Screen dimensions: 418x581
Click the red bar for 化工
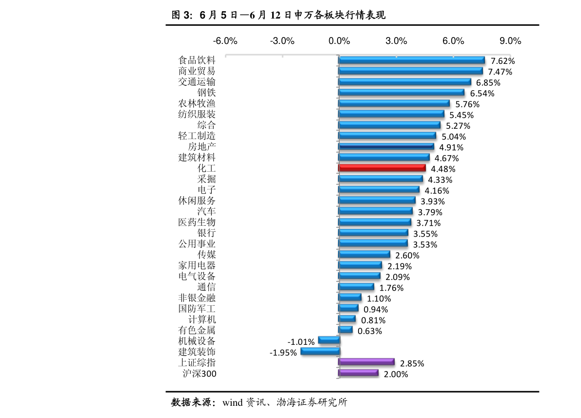coord(382,168)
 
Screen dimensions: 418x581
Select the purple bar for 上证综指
coord(366,362)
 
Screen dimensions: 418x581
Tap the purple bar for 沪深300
coord(359,373)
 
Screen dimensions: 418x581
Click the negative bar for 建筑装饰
coord(320,351)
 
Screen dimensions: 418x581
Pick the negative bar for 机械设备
coord(329,340)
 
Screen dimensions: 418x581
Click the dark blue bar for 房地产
coord(386,146)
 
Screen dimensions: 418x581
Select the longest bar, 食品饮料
coord(412,60)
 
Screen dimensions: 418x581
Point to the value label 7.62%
coord(502,61)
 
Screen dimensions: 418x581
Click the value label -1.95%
coord(283,353)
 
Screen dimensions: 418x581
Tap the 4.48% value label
coord(443,169)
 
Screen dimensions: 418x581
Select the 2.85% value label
coord(412,363)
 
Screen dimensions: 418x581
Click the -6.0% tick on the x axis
coord(225,41)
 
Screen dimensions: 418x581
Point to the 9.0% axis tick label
coord(510,41)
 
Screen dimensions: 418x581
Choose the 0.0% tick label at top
coord(339,41)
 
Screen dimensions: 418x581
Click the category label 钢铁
coord(206,92)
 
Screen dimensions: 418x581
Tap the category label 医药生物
coord(197,222)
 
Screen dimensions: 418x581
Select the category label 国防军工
coord(197,309)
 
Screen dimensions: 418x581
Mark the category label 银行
coord(206,233)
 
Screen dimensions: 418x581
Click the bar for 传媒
coord(364,255)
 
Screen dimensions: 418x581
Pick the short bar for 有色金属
coord(346,330)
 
